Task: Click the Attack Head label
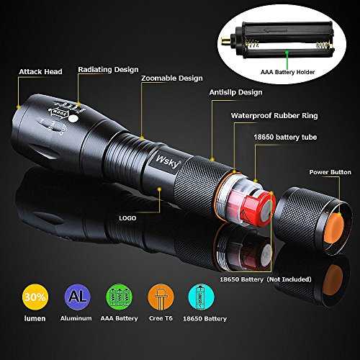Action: click(40, 71)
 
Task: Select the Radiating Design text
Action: click(108, 70)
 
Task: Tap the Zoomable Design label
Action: click(172, 78)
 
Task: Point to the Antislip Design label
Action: click(235, 92)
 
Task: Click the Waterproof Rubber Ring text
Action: click(274, 116)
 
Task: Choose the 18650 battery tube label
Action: click(285, 137)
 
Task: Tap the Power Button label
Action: click(330, 172)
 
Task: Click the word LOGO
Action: click(127, 218)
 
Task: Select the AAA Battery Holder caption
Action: click(287, 72)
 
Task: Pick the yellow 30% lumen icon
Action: click(35, 297)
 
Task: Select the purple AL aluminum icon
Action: click(77, 297)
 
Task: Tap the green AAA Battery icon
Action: click(119, 297)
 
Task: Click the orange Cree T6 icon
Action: click(161, 297)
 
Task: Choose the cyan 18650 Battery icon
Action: click(202, 297)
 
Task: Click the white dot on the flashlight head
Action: click(73, 119)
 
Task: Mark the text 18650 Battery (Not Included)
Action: click(266, 279)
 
